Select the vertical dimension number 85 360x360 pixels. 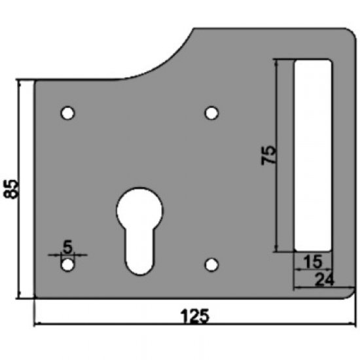(9, 190)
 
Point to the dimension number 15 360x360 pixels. (313, 262)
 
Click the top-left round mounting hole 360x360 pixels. (67, 113)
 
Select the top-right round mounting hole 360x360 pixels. (211, 113)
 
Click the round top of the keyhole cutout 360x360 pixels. (139, 211)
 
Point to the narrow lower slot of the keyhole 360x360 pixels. (138, 252)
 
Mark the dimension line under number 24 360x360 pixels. (323, 288)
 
